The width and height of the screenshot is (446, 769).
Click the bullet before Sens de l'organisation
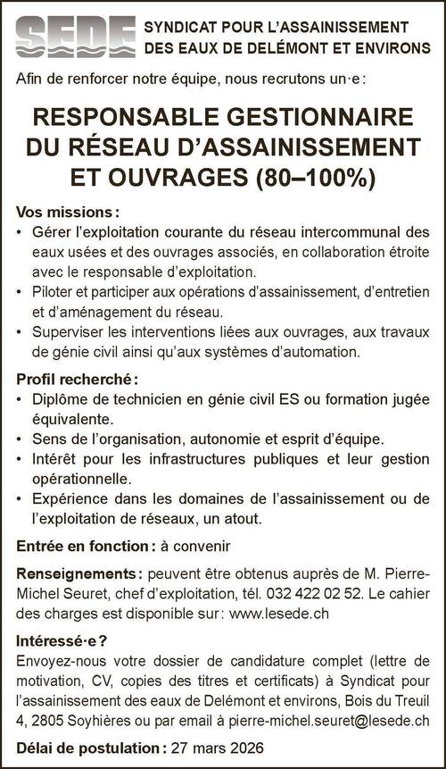click(x=21, y=439)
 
